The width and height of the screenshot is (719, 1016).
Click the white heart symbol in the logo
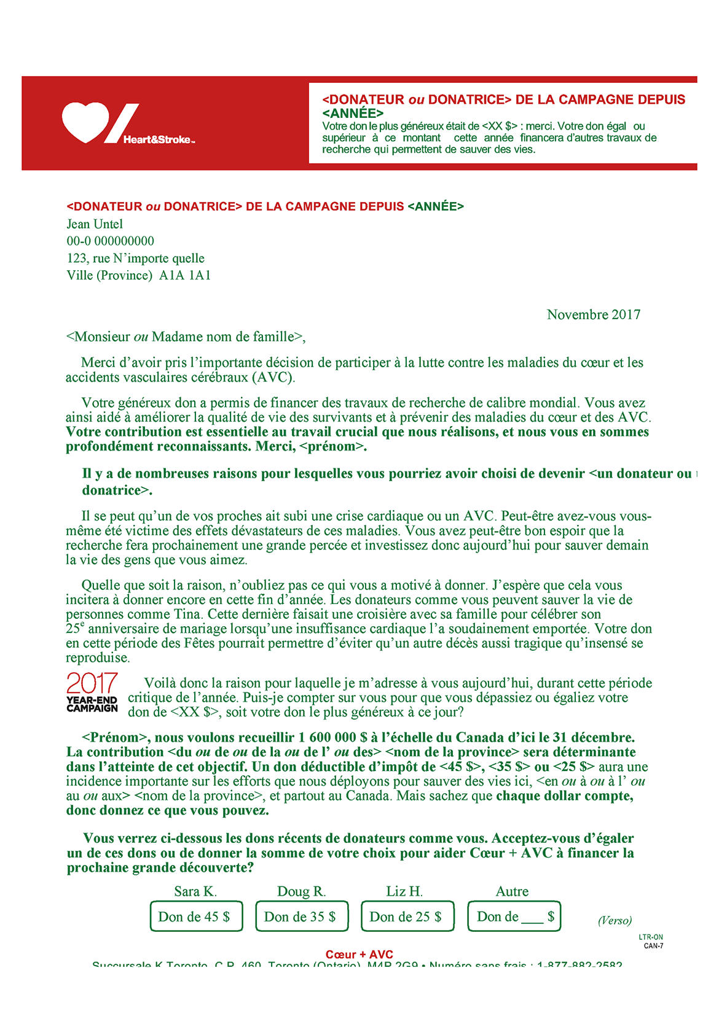(85, 122)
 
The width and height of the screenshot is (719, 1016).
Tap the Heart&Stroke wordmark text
(159, 140)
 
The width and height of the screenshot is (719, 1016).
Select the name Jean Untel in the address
(95, 224)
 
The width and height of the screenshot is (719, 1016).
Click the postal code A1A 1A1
(185, 276)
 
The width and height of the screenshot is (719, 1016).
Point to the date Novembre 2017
(593, 315)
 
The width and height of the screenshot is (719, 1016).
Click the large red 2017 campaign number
(92, 684)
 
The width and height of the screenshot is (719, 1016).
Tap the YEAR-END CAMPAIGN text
(92, 704)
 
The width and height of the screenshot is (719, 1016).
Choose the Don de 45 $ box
(196, 917)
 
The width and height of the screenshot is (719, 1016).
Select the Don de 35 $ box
(302, 917)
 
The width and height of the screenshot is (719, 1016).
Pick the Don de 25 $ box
(407, 917)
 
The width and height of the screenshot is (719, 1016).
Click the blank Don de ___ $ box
(514, 917)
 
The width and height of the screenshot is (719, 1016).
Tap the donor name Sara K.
(195, 891)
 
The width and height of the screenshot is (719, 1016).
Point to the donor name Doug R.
(301, 891)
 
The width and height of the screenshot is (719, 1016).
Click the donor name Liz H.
(404, 891)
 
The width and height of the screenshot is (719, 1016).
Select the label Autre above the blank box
(512, 891)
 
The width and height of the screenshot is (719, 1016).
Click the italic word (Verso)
(615, 920)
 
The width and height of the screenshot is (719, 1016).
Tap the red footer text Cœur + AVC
(359, 954)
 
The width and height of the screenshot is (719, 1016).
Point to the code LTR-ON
(651, 937)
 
